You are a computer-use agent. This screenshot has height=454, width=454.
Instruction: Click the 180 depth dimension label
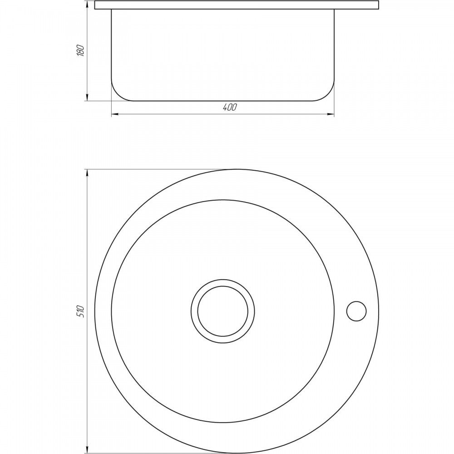[x=81, y=51]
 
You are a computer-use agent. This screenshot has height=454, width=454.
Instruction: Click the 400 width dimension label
[x=230, y=108]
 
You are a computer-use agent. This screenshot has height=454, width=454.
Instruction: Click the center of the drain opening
[x=222, y=311]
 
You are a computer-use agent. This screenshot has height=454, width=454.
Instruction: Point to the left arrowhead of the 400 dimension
[x=115, y=114]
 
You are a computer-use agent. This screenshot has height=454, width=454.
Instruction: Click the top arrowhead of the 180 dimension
[x=87, y=5]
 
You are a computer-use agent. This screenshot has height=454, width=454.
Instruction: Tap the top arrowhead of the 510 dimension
[x=87, y=173]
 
